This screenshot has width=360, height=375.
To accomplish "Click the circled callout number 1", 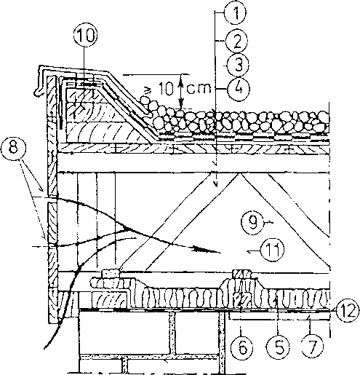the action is click(235, 13).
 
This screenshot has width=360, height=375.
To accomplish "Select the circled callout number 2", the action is click(236, 41).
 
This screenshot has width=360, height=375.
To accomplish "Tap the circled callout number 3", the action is click(238, 66).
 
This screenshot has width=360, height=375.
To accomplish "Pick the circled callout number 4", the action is click(239, 88).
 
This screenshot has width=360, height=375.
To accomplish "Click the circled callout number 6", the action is click(242, 348).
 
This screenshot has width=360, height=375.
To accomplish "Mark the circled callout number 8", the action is click(13, 148).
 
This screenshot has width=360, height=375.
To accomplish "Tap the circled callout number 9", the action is click(252, 222).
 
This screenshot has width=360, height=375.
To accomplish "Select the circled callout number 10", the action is click(85, 36).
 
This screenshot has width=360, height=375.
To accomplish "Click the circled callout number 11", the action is click(273, 250).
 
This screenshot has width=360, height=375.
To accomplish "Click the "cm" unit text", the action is click(199, 89).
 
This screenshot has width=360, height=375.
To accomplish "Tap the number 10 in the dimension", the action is click(167, 88).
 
